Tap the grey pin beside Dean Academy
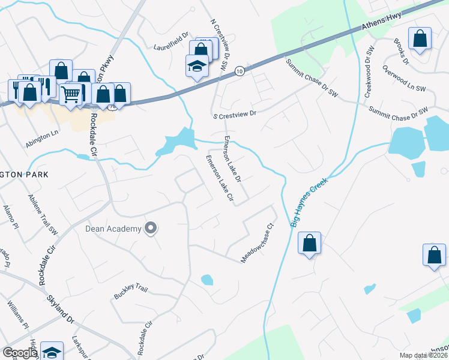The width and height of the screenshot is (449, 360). click(x=151, y=228)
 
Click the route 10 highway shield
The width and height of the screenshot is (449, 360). click(x=240, y=70)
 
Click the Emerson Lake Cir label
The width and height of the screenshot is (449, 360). click(x=219, y=178)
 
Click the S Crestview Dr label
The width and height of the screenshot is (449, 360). click(x=235, y=113)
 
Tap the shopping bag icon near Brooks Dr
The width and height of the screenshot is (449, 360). click(x=420, y=38)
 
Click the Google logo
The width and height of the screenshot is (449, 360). click(x=20, y=353)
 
